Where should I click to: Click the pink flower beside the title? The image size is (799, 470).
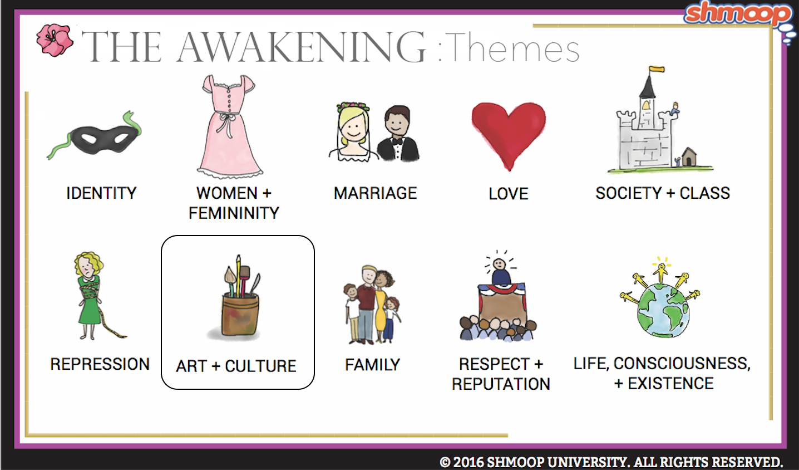[55, 40]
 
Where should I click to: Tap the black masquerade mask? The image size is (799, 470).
[104, 140]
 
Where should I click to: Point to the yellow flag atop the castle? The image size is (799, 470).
[657, 69]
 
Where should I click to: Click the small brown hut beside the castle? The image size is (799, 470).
[689, 156]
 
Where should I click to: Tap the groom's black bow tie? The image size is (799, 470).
[397, 141]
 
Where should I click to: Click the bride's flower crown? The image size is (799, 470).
[353, 106]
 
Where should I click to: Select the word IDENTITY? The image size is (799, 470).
[101, 193]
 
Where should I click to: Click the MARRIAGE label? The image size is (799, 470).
[375, 193]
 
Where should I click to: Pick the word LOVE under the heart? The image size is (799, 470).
[509, 194]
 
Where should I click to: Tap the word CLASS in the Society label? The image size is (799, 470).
[704, 193]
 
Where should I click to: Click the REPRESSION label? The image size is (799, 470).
[100, 364]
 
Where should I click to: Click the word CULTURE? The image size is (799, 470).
[261, 366]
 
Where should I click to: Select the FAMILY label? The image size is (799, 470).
[372, 365]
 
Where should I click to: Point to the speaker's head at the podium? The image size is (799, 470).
[499, 265]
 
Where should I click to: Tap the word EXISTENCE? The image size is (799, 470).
[670, 383]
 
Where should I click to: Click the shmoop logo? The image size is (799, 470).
[738, 14]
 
